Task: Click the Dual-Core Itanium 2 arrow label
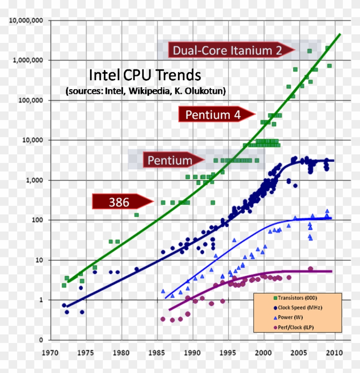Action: coord(227,51)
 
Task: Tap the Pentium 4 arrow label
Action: coord(213,114)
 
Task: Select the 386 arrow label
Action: coord(119,202)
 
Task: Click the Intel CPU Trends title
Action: coord(144,75)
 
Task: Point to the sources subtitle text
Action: coord(146,91)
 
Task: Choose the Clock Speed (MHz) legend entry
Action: coord(300,307)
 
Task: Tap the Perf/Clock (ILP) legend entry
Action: coord(298,328)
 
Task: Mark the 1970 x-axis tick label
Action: coord(51,354)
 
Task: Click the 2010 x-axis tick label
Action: coord(334,354)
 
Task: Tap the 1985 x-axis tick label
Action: coord(157,354)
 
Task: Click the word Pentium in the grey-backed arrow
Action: coord(170,161)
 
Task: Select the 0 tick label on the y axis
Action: coord(41,340)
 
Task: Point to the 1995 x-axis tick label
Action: coord(228,354)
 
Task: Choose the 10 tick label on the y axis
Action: coord(39,260)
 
